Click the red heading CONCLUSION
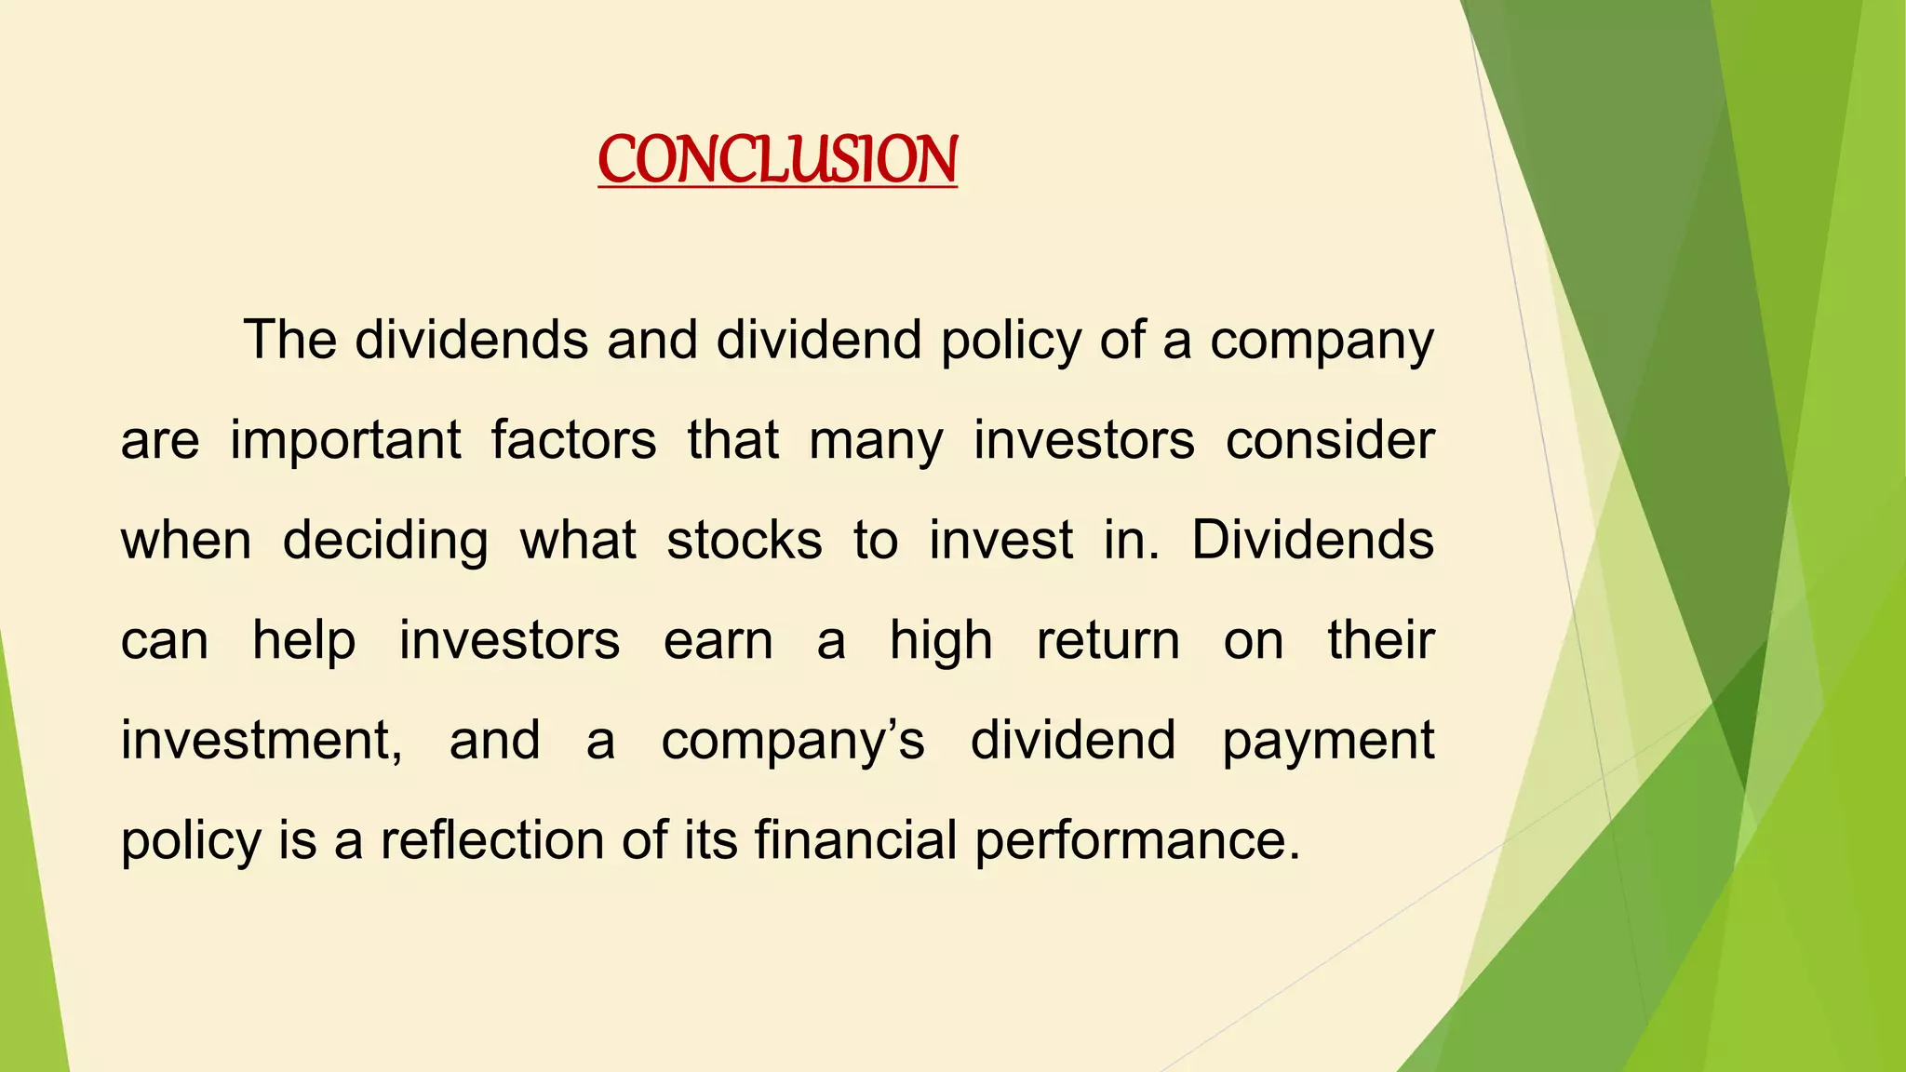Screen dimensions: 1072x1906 [x=777, y=159]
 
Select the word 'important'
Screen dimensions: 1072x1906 [x=345, y=441]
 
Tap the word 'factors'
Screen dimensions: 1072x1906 [x=573, y=440]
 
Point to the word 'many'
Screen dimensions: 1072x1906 [x=876, y=442]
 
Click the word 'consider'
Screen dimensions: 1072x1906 [x=1330, y=440]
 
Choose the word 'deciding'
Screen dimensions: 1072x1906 [x=385, y=542]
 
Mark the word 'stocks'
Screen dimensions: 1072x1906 [x=745, y=541]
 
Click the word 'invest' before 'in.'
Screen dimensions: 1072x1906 [x=1000, y=541]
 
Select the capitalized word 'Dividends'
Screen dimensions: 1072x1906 [x=1312, y=541]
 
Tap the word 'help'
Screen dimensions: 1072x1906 [x=304, y=642]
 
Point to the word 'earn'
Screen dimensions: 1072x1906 [x=718, y=642]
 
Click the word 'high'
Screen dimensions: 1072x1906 [x=941, y=642]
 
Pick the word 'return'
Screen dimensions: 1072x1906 [x=1108, y=642]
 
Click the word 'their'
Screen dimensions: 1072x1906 [x=1381, y=641]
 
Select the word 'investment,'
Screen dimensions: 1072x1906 [x=262, y=742]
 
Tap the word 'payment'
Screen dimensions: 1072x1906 [x=1328, y=743]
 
